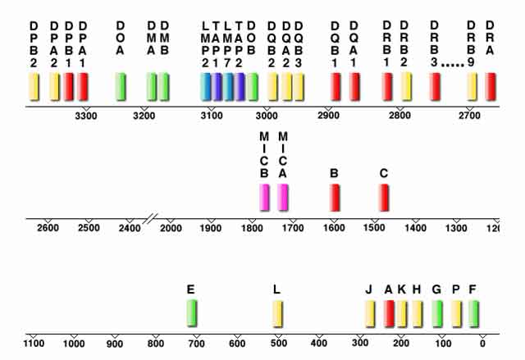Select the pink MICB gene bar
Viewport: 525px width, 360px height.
click(264, 198)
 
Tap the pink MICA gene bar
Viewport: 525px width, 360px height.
click(283, 198)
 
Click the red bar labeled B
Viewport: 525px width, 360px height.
click(335, 198)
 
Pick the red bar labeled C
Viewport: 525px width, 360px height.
click(384, 198)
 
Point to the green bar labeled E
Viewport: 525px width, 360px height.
click(192, 313)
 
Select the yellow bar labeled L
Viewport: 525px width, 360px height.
click(278, 313)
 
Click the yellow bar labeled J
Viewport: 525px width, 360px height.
click(370, 313)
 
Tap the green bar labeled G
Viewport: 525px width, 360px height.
click(437, 313)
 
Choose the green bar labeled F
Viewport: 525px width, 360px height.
click(473, 313)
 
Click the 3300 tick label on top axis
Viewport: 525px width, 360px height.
click(86, 116)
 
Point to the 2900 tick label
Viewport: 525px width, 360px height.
click(329, 116)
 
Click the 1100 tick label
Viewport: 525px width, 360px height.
click(33, 342)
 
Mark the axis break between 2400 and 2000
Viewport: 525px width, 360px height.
click(150, 219)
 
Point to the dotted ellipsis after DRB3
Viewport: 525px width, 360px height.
click(454, 62)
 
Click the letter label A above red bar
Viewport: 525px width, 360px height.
click(389, 289)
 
